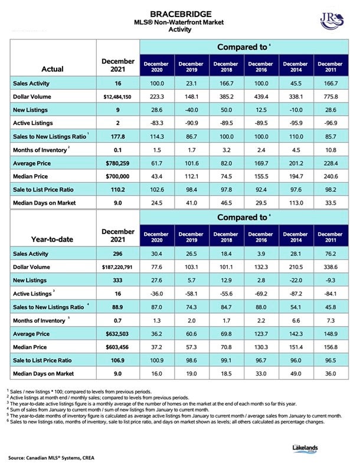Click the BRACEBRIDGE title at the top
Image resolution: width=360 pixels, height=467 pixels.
(x=181, y=14)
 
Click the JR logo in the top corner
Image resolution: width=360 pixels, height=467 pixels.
(x=332, y=21)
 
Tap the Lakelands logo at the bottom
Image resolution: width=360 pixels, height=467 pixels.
(x=305, y=449)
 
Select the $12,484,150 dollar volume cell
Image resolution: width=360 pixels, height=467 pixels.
(x=117, y=97)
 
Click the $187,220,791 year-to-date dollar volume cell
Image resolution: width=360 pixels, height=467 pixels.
(x=117, y=267)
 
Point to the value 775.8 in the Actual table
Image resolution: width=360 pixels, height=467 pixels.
(x=331, y=97)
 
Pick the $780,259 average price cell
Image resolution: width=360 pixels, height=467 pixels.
(x=117, y=163)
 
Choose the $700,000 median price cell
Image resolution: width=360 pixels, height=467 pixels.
(x=117, y=176)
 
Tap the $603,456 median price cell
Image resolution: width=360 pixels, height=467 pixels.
(x=117, y=347)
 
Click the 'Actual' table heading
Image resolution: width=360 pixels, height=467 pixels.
(x=53, y=69)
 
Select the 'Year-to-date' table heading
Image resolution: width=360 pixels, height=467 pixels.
(x=52, y=239)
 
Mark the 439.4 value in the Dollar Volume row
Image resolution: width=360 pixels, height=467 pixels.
(x=261, y=97)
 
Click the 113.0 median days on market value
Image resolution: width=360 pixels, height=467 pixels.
(x=296, y=203)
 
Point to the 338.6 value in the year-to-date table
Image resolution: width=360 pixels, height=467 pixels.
(x=331, y=267)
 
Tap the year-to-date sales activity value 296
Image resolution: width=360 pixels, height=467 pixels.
(x=117, y=254)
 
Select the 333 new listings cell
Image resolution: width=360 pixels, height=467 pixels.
(x=117, y=280)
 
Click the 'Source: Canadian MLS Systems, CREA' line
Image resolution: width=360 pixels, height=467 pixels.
(x=51, y=458)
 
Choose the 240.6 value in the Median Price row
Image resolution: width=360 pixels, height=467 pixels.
(x=331, y=176)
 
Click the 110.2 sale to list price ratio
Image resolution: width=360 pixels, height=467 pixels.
(x=117, y=190)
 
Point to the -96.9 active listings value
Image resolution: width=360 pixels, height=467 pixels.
(x=331, y=123)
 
